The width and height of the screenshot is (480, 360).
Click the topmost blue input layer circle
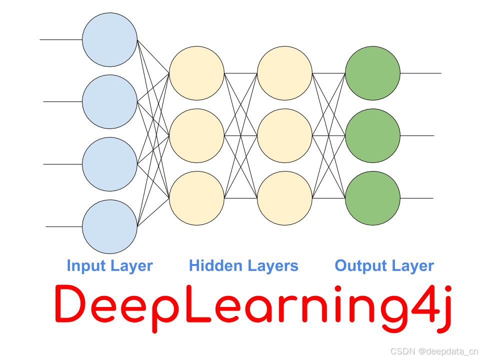109,39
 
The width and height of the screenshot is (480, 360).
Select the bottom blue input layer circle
109,226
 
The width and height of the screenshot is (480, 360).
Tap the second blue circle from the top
109,101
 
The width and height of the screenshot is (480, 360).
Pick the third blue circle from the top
109,164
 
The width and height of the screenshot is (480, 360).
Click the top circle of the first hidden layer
196,73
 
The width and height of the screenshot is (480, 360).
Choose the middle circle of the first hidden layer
196,135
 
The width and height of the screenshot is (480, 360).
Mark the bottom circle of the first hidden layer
196,198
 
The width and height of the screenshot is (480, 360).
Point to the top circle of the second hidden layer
284,73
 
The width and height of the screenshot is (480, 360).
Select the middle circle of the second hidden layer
284,135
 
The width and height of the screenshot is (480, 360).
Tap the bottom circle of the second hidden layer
284,198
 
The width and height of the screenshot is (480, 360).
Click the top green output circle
372,73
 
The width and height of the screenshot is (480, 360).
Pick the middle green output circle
372,135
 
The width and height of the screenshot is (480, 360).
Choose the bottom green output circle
372,198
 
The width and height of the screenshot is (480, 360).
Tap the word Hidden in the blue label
212,265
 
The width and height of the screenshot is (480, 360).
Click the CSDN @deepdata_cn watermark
433,351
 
